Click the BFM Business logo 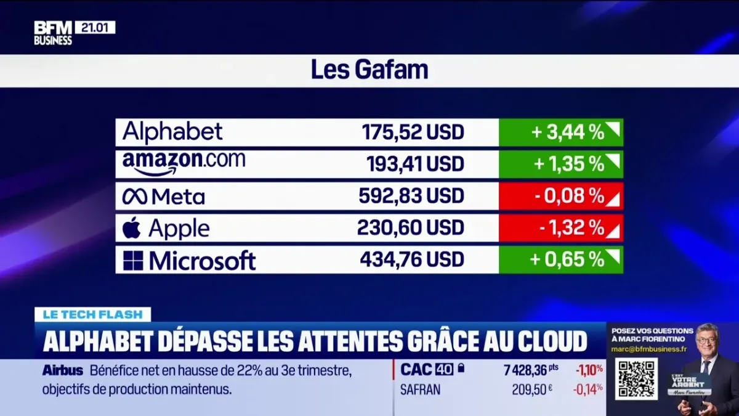(x=53, y=33)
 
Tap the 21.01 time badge (x=95, y=27)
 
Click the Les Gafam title (x=369, y=70)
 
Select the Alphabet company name (x=172, y=132)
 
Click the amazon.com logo (x=184, y=163)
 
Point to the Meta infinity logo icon (x=134, y=197)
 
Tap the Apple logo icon (x=131, y=228)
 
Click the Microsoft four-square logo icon (x=133, y=260)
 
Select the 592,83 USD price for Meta (x=411, y=196)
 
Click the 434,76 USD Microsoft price (x=412, y=259)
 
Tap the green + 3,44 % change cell (x=560, y=133)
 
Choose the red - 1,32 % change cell (x=560, y=228)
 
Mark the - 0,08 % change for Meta (x=560, y=196)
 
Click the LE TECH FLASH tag (x=93, y=314)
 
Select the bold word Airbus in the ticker (x=62, y=371)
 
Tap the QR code (x=636, y=378)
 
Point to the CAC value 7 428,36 (x=525, y=370)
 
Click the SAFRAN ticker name (x=420, y=389)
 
